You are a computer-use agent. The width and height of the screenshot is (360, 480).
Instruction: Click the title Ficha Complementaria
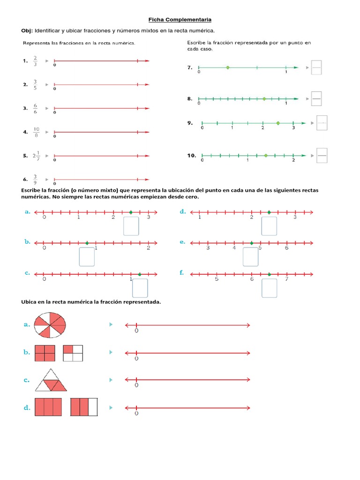[180, 20]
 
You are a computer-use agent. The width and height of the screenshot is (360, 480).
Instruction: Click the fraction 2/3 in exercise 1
[35, 61]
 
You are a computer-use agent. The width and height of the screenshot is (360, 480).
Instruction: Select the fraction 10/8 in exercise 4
[36, 132]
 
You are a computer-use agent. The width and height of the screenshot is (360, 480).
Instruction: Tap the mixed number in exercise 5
[36, 156]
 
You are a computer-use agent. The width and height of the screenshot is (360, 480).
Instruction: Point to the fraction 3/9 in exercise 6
[35, 180]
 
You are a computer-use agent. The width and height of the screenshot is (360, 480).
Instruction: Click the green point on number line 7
[228, 67]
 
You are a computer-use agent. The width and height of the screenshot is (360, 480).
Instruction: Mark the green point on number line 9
[278, 123]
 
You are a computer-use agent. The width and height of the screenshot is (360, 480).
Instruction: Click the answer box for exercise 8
[316, 98]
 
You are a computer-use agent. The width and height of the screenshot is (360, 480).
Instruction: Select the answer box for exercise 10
[322, 155]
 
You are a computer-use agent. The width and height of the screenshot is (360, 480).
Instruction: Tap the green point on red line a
[131, 212]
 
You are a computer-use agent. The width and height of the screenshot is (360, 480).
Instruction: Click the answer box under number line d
[269, 226]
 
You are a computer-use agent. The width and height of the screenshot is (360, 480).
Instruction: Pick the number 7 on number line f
[286, 280]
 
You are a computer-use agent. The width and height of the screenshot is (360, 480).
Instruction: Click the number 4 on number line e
[234, 247]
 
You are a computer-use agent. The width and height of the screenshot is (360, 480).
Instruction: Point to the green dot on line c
[140, 275]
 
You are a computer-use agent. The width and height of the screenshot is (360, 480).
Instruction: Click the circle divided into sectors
[51, 325]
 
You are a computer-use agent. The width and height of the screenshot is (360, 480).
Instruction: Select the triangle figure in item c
[51, 380]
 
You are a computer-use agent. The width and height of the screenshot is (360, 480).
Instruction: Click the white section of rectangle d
[93, 407]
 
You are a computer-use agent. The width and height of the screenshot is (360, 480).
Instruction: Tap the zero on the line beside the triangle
[136, 385]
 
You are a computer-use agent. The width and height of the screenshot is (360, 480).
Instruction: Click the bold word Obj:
[27, 30]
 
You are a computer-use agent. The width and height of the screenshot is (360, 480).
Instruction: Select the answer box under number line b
[87, 257]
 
